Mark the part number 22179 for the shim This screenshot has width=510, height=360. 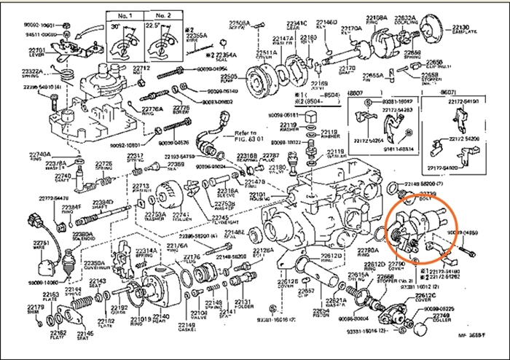(x=35, y=307)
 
